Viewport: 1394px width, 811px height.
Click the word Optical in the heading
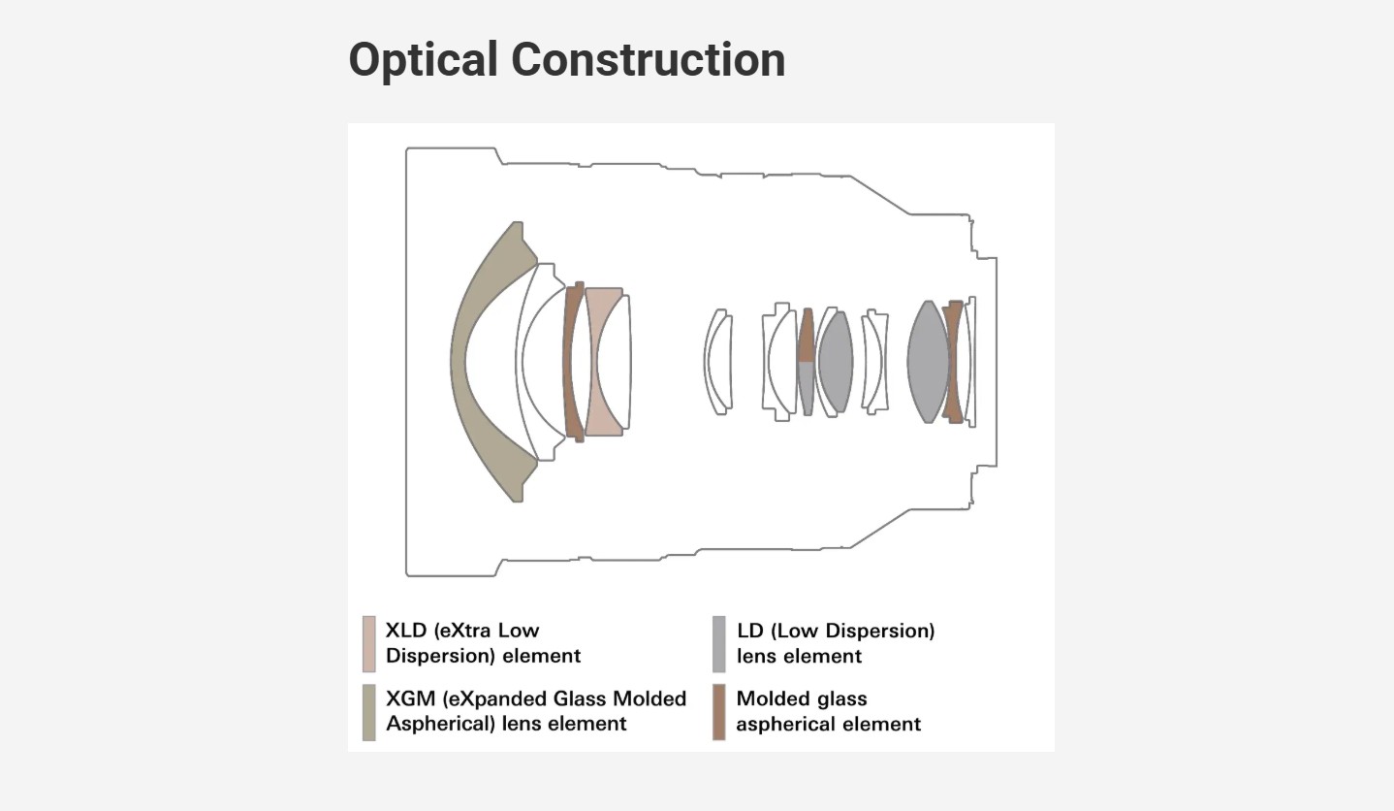(424, 60)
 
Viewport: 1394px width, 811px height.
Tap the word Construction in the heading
(648, 59)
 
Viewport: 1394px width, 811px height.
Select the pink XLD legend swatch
(369, 644)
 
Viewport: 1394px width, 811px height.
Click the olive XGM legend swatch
(369, 713)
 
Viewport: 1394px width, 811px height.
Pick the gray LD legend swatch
(718, 644)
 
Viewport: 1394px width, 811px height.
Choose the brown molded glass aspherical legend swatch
(718, 713)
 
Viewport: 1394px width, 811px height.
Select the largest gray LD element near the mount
(928, 362)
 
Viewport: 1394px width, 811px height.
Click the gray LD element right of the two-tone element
(836, 362)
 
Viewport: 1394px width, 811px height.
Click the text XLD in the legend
(406, 631)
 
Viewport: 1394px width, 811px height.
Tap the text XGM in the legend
(409, 698)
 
